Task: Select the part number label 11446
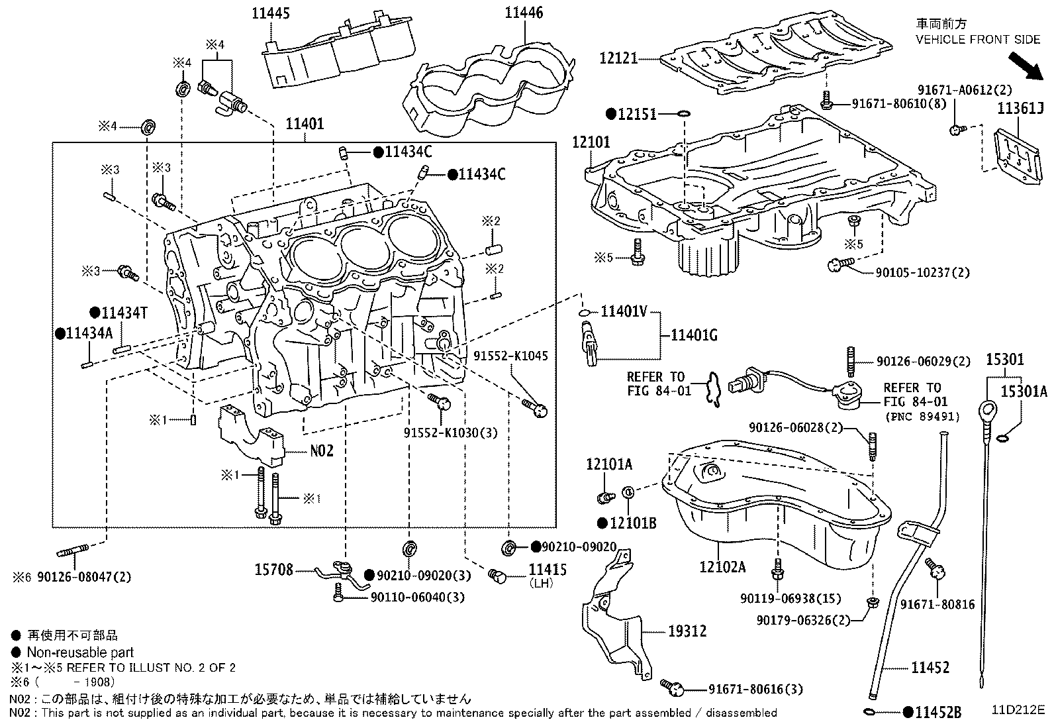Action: click(x=524, y=13)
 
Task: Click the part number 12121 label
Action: click(x=618, y=58)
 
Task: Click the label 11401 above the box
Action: click(x=305, y=124)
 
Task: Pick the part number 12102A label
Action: click(x=722, y=567)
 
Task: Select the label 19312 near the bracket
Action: click(x=687, y=631)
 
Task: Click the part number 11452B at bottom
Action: click(x=937, y=713)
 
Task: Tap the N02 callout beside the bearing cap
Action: click(x=322, y=451)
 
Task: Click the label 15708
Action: click(x=273, y=570)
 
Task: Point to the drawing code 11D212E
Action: click(x=1017, y=709)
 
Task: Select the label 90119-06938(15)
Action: click(x=790, y=599)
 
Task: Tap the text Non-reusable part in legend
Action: click(x=80, y=652)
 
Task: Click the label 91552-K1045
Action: click(x=510, y=356)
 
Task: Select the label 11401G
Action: click(x=695, y=335)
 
